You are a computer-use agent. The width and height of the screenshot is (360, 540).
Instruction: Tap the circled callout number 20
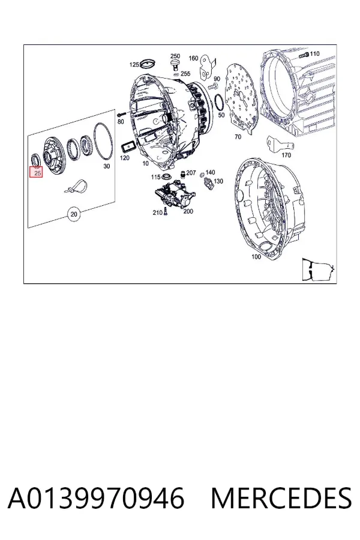point(74,215)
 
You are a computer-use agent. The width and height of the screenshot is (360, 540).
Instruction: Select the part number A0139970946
point(96,498)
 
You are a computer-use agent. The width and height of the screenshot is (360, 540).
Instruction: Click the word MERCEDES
point(281,498)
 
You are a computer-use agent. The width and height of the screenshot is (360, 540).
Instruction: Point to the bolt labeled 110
point(304,55)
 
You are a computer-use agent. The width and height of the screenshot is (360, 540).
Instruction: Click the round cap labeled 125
point(148,64)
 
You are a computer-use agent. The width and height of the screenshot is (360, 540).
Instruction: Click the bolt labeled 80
point(121,115)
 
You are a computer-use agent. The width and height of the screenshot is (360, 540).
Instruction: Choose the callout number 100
point(256,257)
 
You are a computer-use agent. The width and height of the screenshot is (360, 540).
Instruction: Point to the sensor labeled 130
point(209,184)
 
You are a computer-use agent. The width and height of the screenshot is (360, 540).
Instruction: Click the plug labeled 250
point(176,65)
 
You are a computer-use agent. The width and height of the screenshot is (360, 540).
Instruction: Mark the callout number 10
point(146,163)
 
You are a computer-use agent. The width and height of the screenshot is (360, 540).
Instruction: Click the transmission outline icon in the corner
point(318,269)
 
